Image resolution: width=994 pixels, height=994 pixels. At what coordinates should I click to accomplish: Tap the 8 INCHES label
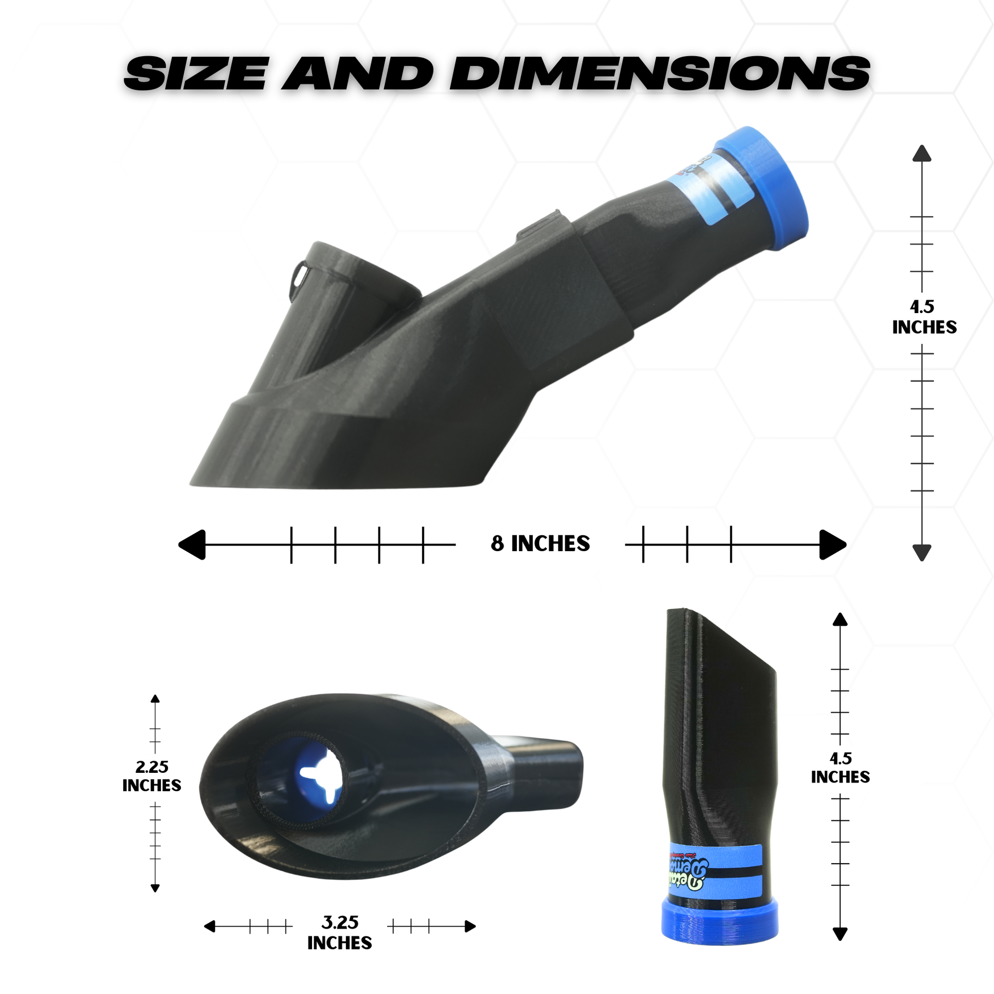point(540,544)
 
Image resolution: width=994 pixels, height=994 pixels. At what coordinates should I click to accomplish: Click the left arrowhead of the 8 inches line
point(193,545)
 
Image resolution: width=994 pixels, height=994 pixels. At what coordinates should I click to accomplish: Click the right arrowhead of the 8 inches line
point(832,545)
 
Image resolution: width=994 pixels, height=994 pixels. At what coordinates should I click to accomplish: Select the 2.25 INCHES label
point(152,776)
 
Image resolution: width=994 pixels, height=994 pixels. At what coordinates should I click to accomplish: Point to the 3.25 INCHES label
point(340,933)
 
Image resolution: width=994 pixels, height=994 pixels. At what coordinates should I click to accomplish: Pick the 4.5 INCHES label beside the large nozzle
point(924,317)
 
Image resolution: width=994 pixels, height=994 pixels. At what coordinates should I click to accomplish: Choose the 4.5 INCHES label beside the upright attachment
point(840,768)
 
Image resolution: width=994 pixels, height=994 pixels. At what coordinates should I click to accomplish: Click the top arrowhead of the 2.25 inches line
point(155,699)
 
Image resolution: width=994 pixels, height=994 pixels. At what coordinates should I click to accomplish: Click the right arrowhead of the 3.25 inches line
point(470,927)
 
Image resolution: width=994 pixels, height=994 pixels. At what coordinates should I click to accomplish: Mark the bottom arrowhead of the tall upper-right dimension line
point(921,553)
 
